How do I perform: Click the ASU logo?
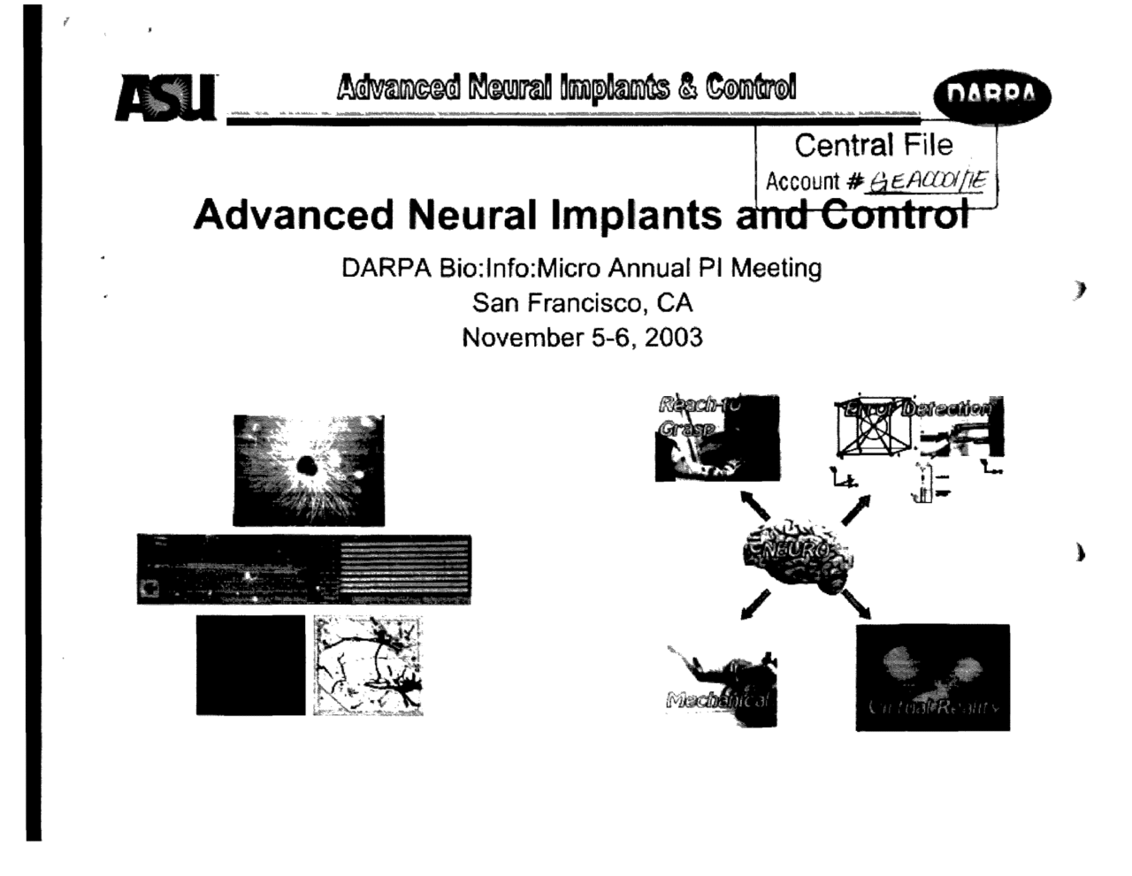click(165, 96)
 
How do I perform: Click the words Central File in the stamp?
click(873, 145)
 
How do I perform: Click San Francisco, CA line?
click(582, 303)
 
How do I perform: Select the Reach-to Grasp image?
click(716, 438)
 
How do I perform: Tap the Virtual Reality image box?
click(932, 677)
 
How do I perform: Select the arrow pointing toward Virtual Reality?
click(856, 605)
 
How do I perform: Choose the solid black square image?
click(250, 665)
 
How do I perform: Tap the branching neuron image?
click(368, 665)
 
